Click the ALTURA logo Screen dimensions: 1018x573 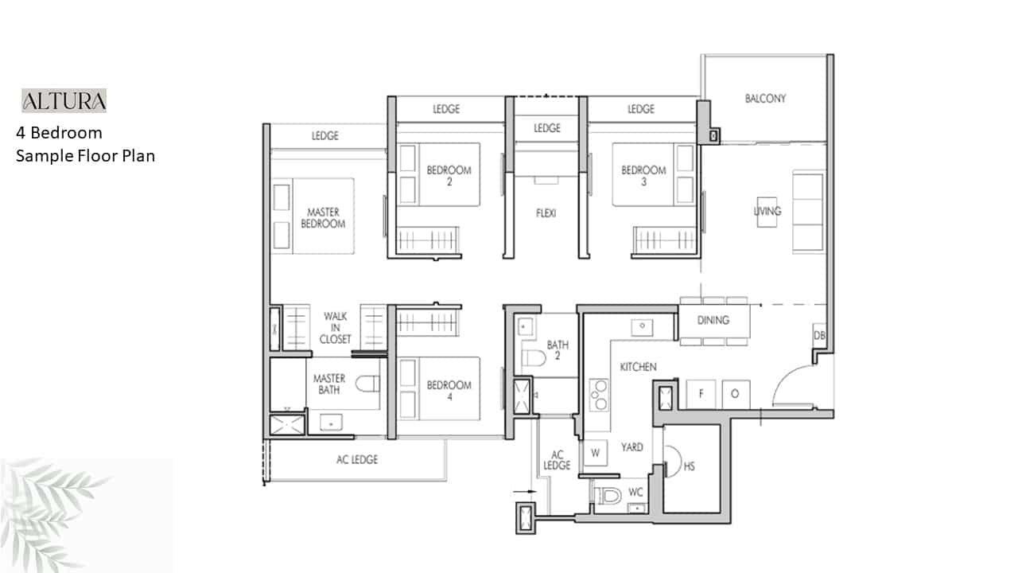[64, 100]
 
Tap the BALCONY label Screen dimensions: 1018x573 [765, 98]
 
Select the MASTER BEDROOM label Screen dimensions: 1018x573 [323, 218]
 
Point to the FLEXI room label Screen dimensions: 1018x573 [546, 212]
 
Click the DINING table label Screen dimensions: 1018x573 [713, 320]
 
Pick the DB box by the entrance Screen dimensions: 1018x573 [819, 336]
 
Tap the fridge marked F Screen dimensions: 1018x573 [701, 394]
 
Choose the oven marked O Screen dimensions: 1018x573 [736, 394]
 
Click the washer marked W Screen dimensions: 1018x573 [596, 453]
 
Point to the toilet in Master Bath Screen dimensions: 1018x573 [367, 384]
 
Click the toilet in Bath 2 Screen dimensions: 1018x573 [534, 358]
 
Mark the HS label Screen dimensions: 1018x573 [689, 466]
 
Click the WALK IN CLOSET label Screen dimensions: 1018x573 [336, 327]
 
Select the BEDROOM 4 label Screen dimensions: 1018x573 [449, 391]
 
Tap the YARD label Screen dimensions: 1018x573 [632, 447]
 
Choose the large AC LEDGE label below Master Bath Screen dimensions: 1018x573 [357, 460]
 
